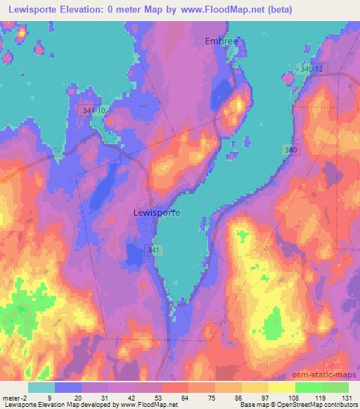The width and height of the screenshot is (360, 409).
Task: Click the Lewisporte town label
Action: [156, 212]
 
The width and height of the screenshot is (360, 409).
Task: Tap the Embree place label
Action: [221, 41]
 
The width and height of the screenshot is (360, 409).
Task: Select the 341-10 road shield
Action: [94, 111]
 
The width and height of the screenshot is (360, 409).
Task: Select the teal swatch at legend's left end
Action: [41, 387]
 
